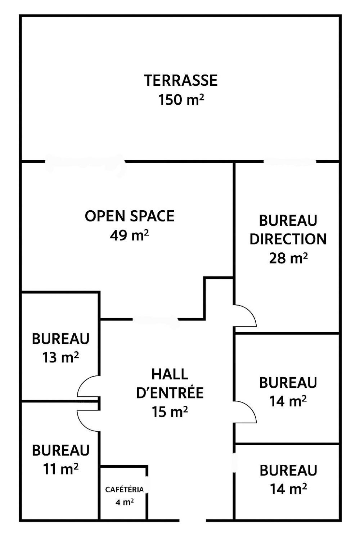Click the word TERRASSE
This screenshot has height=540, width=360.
click(181, 81)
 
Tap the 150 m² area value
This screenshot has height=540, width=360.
click(181, 100)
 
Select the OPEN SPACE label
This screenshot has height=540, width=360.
click(130, 216)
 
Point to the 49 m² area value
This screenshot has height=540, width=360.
click(129, 235)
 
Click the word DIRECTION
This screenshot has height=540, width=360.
click(288, 239)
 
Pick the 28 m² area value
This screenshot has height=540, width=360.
click(288, 258)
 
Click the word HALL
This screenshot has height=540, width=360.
click(170, 374)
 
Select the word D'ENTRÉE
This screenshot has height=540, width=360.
click(170, 393)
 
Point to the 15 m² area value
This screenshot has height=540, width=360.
click(170, 411)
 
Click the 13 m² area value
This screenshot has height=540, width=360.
click(61, 357)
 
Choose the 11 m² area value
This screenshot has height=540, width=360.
click(61, 469)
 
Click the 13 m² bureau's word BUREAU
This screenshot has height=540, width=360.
click(61, 338)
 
